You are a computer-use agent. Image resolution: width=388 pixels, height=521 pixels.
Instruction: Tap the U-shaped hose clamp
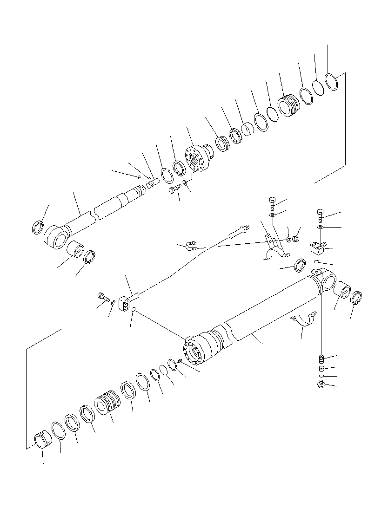[x=190, y=245]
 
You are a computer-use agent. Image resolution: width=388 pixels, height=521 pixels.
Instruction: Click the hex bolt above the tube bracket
[x=273, y=203]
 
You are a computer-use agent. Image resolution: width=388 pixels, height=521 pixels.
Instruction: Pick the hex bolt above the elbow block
[x=321, y=215]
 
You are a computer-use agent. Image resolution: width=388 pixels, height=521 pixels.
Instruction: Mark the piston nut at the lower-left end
[x=43, y=439]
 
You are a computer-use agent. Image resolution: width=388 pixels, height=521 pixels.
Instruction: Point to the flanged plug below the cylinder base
[x=321, y=384]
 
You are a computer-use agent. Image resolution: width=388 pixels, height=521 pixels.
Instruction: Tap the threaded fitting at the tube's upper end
[x=241, y=229]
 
